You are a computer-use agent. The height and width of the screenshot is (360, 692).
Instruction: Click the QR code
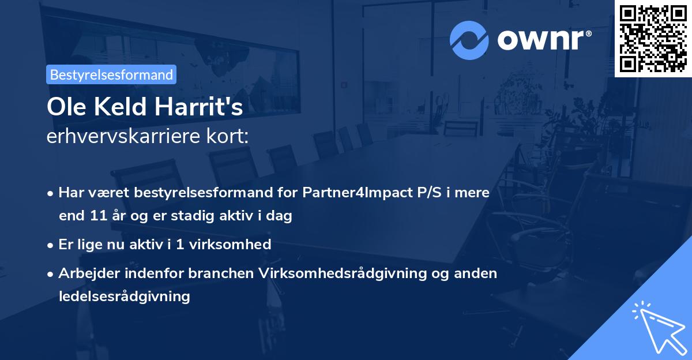tap(653, 39)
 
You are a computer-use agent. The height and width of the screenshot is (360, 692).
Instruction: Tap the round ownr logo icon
tap(469, 40)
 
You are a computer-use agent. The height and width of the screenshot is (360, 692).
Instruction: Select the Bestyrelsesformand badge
tap(111, 74)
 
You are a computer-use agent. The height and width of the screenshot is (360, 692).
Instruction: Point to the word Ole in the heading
tap(64, 107)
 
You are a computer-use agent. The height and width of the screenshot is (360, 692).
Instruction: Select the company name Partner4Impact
tap(356, 193)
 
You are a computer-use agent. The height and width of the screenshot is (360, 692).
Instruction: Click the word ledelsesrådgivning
tap(124, 297)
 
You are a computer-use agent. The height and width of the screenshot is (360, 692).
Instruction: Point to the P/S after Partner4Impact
tap(426, 193)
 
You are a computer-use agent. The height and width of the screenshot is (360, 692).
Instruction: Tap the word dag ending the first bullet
tap(280, 216)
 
